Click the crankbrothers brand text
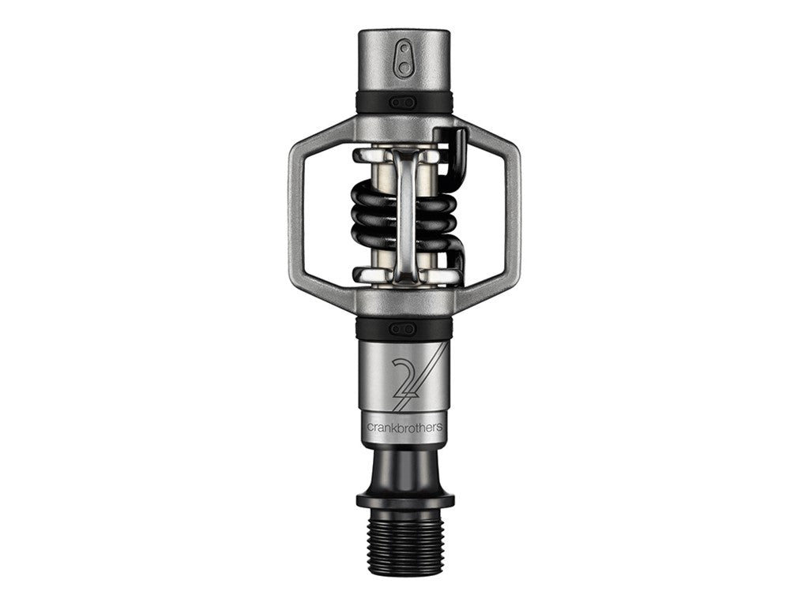[404, 426]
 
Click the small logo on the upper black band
[404, 102]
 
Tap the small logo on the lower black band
[404, 327]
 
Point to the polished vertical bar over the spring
[405, 213]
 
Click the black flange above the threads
[404, 499]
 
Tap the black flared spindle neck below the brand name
[404, 466]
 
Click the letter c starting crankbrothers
[368, 427]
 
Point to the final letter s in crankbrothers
[440, 427]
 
